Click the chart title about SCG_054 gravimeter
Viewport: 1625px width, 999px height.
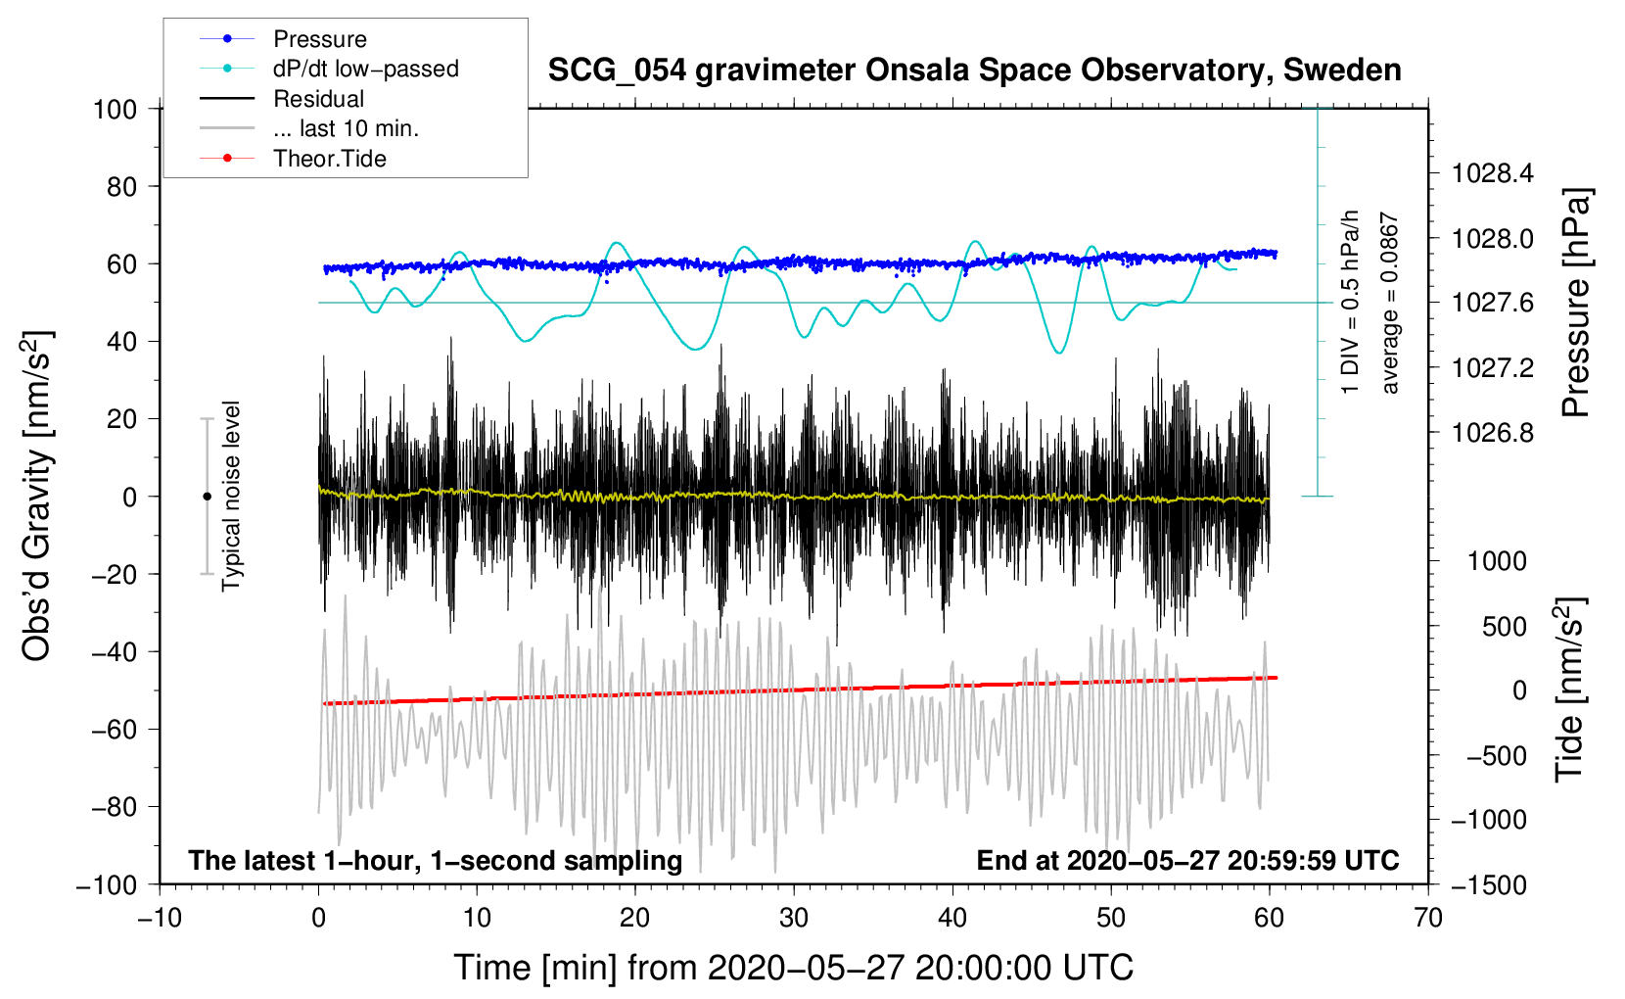point(974,71)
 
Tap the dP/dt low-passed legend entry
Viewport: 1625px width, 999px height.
point(365,69)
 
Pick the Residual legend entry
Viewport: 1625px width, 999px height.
point(318,99)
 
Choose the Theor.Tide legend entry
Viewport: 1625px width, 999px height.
point(329,159)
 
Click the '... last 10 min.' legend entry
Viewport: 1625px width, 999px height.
point(346,128)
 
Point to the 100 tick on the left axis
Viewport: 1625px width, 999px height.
point(116,109)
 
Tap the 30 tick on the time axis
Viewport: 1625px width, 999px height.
point(794,919)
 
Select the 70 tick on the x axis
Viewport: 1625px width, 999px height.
point(1428,919)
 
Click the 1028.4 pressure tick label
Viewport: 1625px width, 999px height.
point(1493,174)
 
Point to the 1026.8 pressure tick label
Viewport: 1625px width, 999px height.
point(1493,433)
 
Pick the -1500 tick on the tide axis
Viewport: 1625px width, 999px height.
point(1488,885)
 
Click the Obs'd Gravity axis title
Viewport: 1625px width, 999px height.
point(37,496)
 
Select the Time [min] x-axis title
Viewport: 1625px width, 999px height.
point(793,968)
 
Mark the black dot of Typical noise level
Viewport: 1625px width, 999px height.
point(207,497)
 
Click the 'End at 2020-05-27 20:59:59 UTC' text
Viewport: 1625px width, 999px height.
point(1187,860)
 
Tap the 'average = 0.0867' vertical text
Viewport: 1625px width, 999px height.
point(1390,304)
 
